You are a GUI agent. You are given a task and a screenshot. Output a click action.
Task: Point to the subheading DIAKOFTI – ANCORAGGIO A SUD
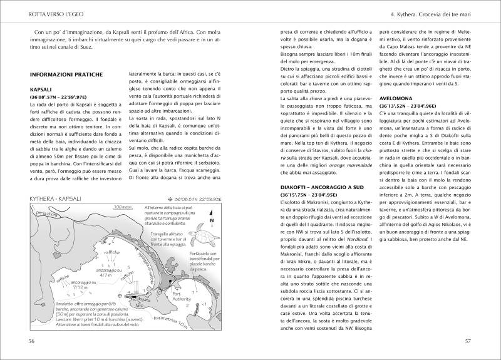326,188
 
